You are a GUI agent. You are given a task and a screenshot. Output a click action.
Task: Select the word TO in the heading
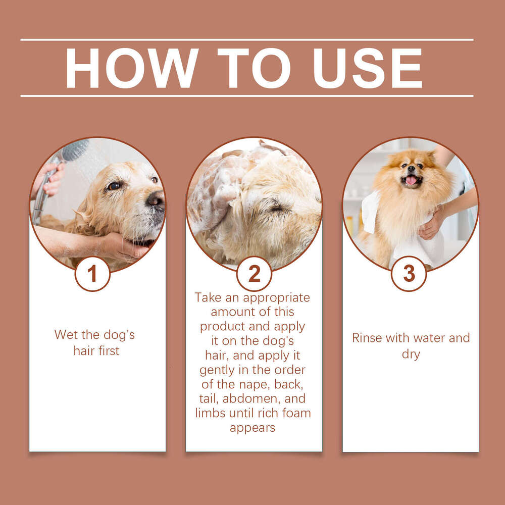256,68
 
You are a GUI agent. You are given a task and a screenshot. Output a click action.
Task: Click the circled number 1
92,274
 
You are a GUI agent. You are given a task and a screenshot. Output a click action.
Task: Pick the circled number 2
254,274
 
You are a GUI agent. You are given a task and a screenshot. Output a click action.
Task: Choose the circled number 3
409,274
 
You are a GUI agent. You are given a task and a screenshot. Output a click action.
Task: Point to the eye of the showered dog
114,186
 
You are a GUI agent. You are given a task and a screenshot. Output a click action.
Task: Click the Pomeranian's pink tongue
412,180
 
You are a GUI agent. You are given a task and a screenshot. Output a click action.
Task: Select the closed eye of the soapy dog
277,208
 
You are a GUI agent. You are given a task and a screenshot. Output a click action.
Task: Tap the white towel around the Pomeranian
409,242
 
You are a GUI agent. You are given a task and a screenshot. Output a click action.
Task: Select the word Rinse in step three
367,338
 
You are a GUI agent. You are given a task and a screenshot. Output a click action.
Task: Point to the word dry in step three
411,354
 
